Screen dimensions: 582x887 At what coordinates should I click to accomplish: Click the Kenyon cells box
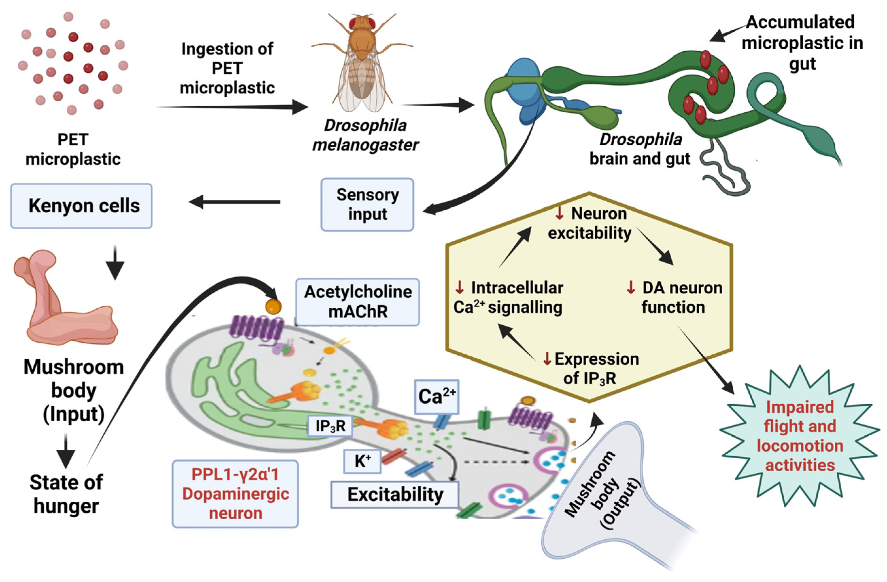(81, 205)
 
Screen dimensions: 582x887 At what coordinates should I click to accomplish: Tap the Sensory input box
(367, 204)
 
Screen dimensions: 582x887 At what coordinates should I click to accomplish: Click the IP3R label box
(330, 426)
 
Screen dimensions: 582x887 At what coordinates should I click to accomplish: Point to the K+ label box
(362, 461)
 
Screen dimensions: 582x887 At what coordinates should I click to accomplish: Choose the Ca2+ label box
(437, 397)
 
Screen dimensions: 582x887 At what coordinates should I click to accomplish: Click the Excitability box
(395, 494)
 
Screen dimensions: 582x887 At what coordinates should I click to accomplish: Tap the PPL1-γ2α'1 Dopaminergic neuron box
(235, 494)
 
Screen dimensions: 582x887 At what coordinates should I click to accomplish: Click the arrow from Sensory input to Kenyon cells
(235, 202)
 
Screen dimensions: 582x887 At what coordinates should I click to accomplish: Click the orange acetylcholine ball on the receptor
(273, 307)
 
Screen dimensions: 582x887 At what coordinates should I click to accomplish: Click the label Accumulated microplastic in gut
(801, 43)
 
